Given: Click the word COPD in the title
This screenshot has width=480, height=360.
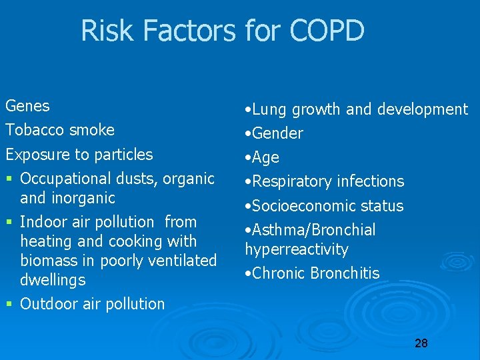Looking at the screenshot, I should [x=327, y=31].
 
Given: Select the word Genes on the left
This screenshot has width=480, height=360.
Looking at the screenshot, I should [x=27, y=106].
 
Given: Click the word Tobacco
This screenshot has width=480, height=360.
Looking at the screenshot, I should [x=33, y=130].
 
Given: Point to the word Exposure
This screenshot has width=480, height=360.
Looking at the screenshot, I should [x=37, y=155].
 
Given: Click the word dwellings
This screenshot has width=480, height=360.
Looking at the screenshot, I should [x=53, y=280].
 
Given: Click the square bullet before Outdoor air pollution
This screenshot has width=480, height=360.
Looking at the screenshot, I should [x=9, y=305].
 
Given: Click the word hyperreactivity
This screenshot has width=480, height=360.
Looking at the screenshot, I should [x=297, y=249].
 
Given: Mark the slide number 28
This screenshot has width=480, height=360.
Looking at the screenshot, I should [x=421, y=343].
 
